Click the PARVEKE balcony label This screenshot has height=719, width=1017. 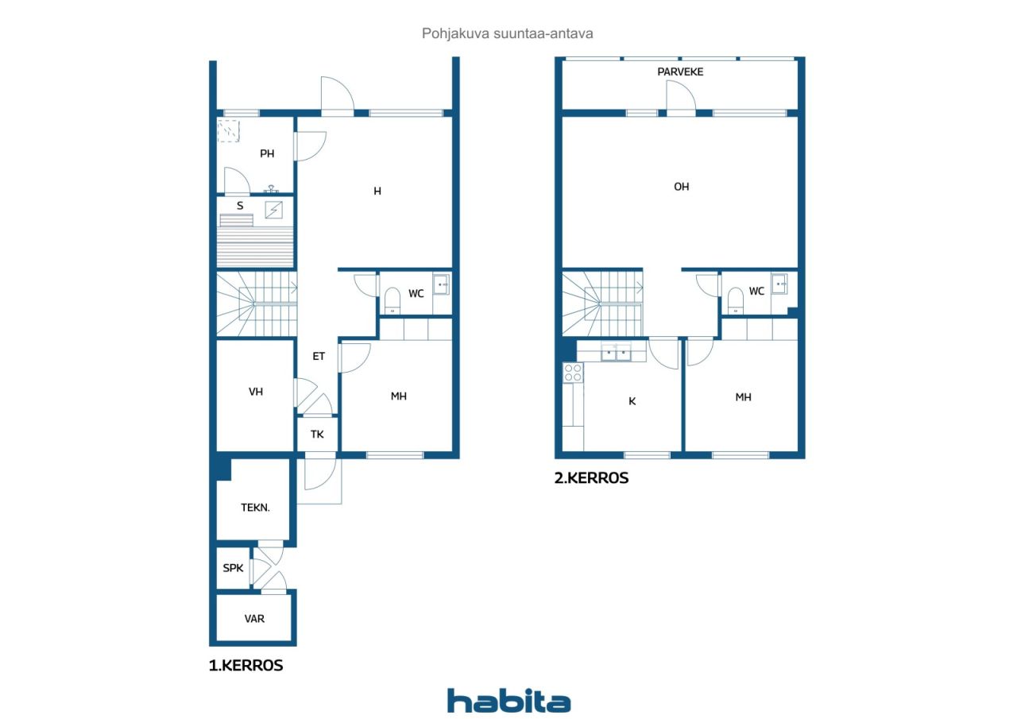pyautogui.click(x=680, y=72)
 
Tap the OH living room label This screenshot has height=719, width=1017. pyautogui.click(x=681, y=187)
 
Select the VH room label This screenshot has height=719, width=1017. pyautogui.click(x=256, y=392)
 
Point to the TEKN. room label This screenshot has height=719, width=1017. pyautogui.click(x=255, y=508)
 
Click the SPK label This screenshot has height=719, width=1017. pyautogui.click(x=233, y=568)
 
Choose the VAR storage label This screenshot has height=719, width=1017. pyautogui.click(x=254, y=619)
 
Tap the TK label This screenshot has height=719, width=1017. pyautogui.click(x=317, y=435)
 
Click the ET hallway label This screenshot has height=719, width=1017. pyautogui.click(x=319, y=357)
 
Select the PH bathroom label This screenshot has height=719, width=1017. pyautogui.click(x=267, y=154)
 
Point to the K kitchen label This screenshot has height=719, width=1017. pyautogui.click(x=632, y=401)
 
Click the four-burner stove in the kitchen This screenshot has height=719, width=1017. pyautogui.click(x=573, y=373)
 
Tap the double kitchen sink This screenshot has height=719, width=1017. pyautogui.click(x=616, y=352)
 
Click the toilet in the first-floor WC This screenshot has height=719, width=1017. pyautogui.click(x=392, y=300)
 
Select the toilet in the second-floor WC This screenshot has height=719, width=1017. pyautogui.click(x=736, y=300)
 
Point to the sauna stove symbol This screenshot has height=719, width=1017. pyautogui.click(x=274, y=210)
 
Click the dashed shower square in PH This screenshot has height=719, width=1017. pyautogui.click(x=228, y=131)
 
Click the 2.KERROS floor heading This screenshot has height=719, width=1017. pyautogui.click(x=592, y=478)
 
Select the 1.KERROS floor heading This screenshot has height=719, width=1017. pyautogui.click(x=246, y=666)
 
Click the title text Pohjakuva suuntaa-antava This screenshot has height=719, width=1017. pyautogui.click(x=508, y=33)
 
